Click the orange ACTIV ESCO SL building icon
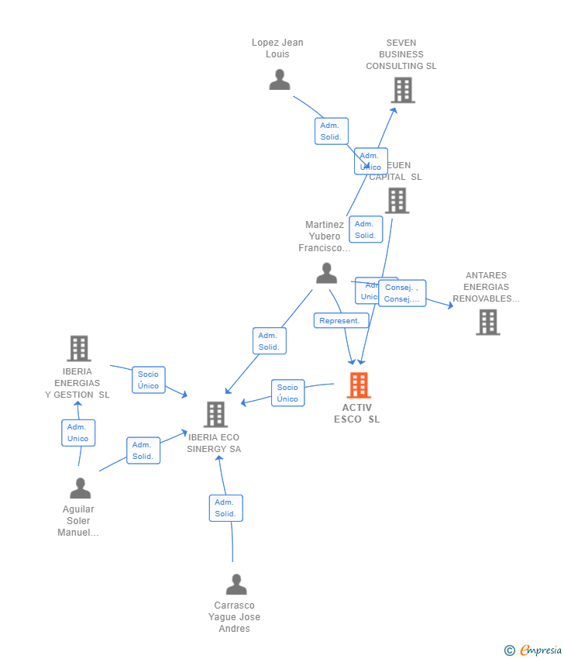coord(358,385)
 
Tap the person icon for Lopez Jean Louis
coord(280,80)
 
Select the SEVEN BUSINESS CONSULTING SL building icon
coord(402,91)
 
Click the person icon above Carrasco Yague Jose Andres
coord(236,584)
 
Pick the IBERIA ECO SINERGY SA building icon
coord(215,415)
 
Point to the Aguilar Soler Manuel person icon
coord(81,488)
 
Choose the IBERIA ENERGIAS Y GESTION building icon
coord(78,349)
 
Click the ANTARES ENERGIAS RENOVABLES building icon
coord(487,322)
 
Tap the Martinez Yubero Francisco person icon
coord(327,273)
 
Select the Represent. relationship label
coord(340,321)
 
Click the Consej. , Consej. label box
coord(402,294)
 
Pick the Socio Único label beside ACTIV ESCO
coord(287,393)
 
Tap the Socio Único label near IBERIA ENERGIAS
coord(148,380)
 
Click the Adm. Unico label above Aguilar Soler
coord(78,433)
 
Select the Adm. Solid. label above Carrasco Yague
coord(225,508)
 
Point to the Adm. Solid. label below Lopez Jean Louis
coord(331,131)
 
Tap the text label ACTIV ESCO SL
coord(357,413)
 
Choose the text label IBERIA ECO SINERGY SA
coord(214,443)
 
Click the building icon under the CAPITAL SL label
coord(397,201)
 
